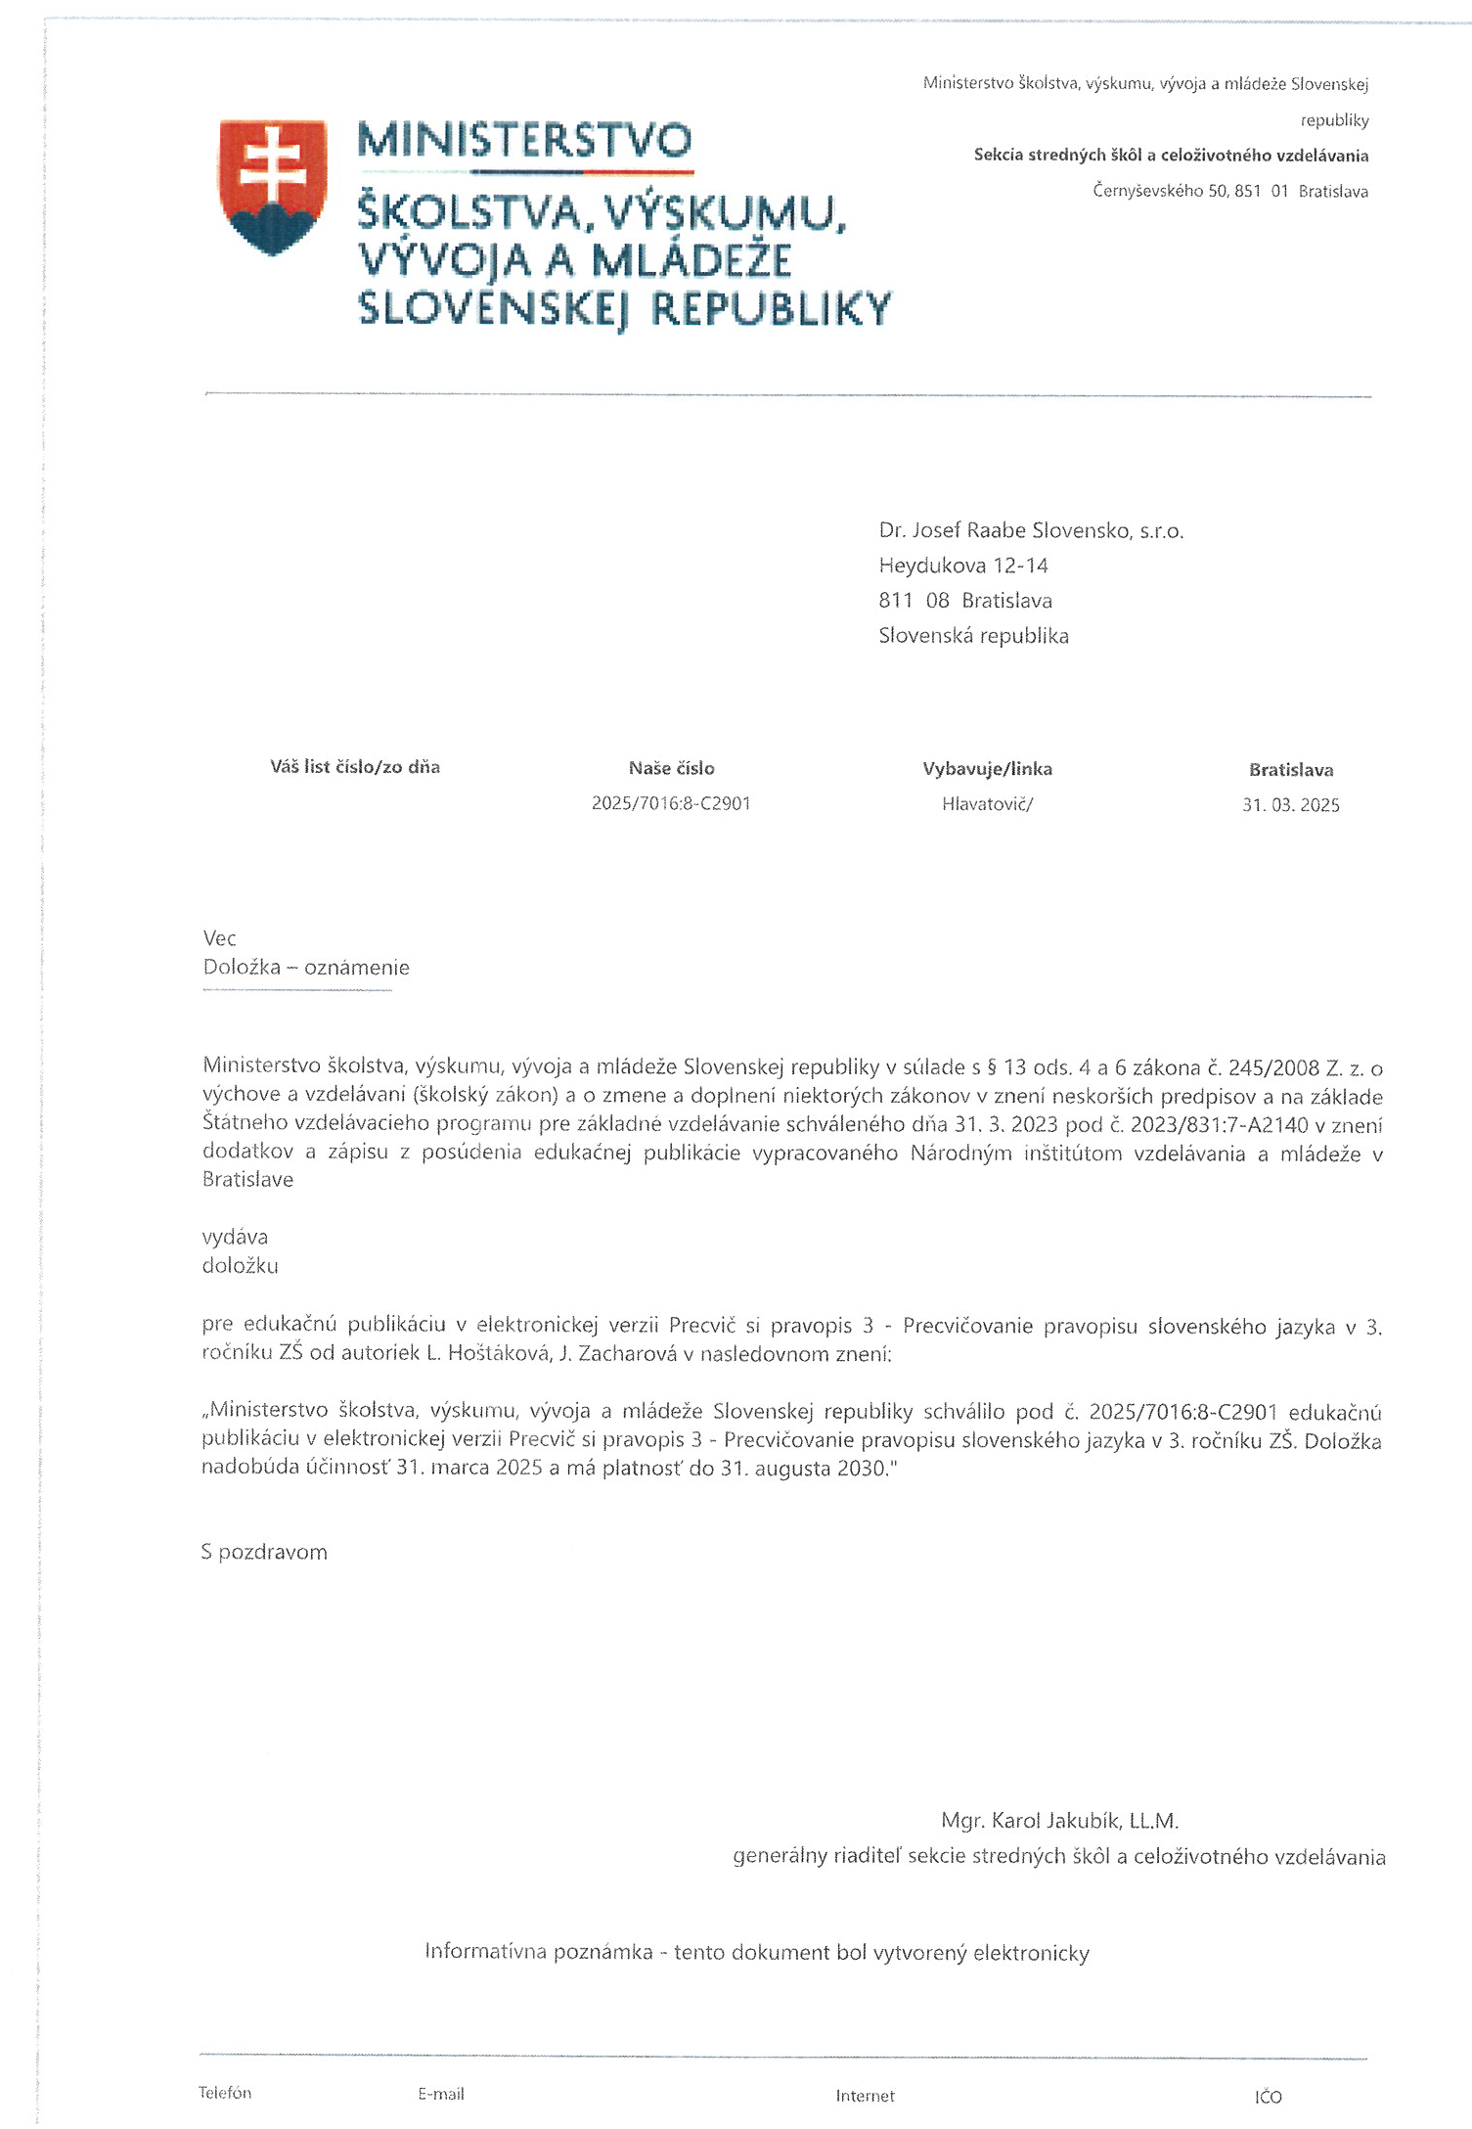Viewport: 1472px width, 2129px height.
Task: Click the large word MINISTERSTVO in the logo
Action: tap(524, 141)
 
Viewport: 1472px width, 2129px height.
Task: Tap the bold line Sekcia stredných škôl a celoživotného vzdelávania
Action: tap(1171, 156)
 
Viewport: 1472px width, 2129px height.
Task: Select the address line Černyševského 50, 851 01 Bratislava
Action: tap(1229, 192)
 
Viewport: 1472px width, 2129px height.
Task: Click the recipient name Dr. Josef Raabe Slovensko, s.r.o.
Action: tap(1031, 531)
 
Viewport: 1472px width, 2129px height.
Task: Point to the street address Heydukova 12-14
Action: tap(962, 566)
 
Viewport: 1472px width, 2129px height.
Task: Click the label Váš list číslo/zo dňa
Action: tap(355, 767)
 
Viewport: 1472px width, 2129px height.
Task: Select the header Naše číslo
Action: tap(671, 769)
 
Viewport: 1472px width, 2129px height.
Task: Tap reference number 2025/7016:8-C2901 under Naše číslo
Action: tap(671, 803)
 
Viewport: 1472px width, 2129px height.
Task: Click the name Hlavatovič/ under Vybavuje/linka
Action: tap(987, 804)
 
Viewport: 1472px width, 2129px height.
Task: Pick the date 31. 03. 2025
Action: tap(1290, 805)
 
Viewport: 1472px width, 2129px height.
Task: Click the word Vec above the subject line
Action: tap(219, 938)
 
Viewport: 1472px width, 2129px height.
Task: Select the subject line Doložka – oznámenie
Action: tap(306, 968)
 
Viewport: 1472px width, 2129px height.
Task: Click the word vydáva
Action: tap(235, 1238)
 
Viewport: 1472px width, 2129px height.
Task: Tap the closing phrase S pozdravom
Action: tap(264, 1553)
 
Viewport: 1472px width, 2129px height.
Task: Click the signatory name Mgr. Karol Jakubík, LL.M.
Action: tap(1059, 1821)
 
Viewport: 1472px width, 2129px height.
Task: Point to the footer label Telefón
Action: tap(225, 2093)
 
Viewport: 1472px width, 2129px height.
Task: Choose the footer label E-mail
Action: tap(441, 2094)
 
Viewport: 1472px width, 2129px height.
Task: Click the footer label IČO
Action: tap(1268, 2097)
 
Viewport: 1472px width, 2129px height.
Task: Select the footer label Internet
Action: tap(865, 2096)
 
